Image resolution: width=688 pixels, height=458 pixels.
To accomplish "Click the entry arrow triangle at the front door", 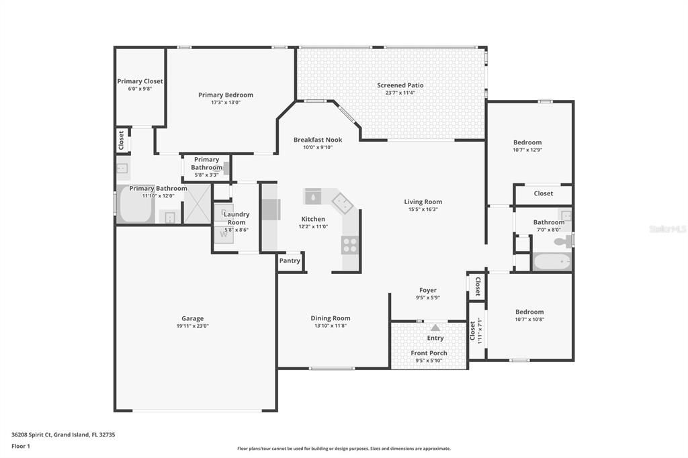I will (x=435, y=328).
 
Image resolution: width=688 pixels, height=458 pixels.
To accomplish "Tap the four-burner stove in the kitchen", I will (x=350, y=245).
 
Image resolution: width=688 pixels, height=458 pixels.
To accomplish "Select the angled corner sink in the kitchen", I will (x=341, y=201).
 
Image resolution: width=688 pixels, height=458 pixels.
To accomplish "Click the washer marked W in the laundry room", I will (x=224, y=234).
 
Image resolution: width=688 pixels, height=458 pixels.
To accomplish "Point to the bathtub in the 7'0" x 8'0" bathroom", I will (x=552, y=261).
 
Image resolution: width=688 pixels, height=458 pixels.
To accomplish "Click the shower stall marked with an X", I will (x=197, y=204).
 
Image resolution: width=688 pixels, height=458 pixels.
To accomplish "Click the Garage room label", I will (x=192, y=319).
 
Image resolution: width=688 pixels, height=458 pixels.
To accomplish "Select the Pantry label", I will (x=290, y=261).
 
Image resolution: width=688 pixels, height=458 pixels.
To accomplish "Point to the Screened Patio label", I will (x=400, y=85).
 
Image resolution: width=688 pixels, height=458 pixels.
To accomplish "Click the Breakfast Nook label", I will (x=318, y=140).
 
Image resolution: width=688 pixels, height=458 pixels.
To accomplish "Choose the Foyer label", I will (x=428, y=290).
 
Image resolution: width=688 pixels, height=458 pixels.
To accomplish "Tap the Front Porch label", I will (x=429, y=353).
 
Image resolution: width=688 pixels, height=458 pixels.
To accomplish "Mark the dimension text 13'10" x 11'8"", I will (x=330, y=326).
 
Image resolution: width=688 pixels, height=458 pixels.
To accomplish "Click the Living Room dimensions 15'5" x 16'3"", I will (x=423, y=209).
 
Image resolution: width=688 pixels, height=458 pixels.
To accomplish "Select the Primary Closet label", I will (x=140, y=81).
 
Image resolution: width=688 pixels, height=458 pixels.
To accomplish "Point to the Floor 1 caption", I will (x=21, y=446).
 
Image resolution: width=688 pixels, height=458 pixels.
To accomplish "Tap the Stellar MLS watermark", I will (x=667, y=229).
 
